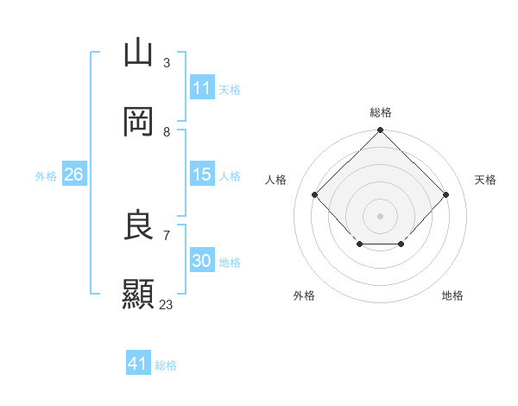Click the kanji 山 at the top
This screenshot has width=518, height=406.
pos(138,54)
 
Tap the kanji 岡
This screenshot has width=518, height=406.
pos(138,122)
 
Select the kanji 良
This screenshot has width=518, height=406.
pos(138,225)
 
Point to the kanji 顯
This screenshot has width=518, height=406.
pos(138,294)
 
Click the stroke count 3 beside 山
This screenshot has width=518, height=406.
pos(166,63)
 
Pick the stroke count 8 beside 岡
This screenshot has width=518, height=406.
pos(166,131)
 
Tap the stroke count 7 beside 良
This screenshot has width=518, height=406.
pos(166,235)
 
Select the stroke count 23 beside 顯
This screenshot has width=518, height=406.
pos(166,304)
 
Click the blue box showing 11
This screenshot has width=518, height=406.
pos(202,88)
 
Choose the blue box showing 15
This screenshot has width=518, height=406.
pos(202,174)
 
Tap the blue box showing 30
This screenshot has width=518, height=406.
pos(202,261)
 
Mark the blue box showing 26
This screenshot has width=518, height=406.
pos(74,174)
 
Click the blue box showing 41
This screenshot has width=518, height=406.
pos(138,364)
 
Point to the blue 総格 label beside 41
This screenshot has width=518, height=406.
pos(166,365)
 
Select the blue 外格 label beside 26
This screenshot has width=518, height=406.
pos(46,176)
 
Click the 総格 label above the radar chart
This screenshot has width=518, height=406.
pos(380,112)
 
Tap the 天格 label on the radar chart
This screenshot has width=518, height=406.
pos(485,180)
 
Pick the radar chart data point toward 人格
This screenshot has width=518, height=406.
pos(315,195)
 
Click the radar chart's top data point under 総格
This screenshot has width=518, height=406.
pos(380,131)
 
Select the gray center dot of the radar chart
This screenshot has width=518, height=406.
pos(380,215)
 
